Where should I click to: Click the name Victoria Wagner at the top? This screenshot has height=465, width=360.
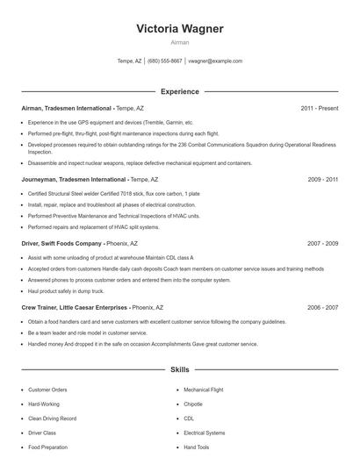pyautogui.click(x=180, y=29)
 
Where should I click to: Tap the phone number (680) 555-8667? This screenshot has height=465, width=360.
pyautogui.click(x=165, y=61)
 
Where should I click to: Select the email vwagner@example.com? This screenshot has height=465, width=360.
pyautogui.click(x=216, y=61)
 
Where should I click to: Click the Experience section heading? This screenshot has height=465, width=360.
pyautogui.click(x=180, y=91)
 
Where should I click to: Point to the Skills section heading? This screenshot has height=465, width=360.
pyautogui.click(x=180, y=371)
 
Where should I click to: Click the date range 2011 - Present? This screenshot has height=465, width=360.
pyautogui.click(x=319, y=108)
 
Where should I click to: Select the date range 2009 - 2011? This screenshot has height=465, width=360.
pyautogui.click(x=322, y=178)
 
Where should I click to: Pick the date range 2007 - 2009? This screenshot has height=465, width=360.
pyautogui.click(x=322, y=243)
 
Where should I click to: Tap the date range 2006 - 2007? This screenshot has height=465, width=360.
pyautogui.click(x=322, y=308)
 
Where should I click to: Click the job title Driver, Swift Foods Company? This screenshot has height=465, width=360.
pyautogui.click(x=61, y=243)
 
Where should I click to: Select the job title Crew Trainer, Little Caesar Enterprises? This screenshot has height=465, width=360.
pyautogui.click(x=74, y=308)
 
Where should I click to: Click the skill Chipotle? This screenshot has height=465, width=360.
pyautogui.click(x=193, y=404)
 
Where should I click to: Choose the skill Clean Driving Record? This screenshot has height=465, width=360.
pyautogui.click(x=52, y=418)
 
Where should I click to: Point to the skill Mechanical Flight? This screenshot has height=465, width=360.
pyautogui.click(x=204, y=390)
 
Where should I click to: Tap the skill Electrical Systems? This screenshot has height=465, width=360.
pyautogui.click(x=205, y=433)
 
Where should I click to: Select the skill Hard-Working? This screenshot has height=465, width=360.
pyautogui.click(x=44, y=404)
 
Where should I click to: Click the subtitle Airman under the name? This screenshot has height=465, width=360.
pyautogui.click(x=180, y=42)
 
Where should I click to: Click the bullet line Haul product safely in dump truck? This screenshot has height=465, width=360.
pyautogui.click(x=66, y=290)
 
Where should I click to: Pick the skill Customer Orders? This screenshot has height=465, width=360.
pyautogui.click(x=47, y=390)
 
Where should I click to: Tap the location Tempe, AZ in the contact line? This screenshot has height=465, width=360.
pyautogui.click(x=129, y=61)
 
